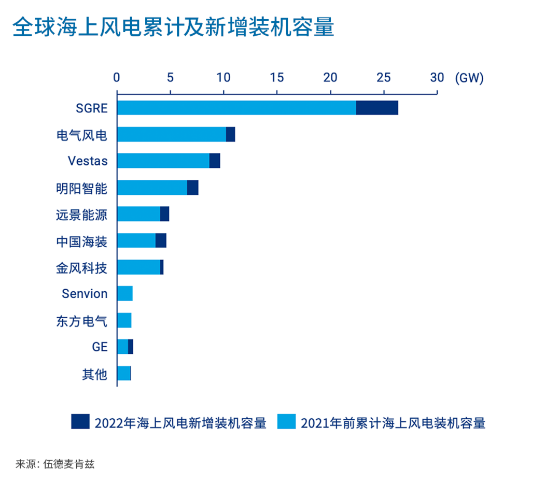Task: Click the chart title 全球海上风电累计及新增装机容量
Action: pyautogui.click(x=173, y=27)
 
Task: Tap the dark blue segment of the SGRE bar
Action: pyautogui.click(x=377, y=108)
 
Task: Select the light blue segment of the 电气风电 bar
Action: pyautogui.click(x=171, y=134)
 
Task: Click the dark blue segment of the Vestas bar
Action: pyautogui.click(x=215, y=161)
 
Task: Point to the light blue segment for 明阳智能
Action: pyautogui.click(x=152, y=188)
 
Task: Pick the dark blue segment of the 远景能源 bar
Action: pyautogui.click(x=164, y=214)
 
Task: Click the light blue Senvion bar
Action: pyautogui.click(x=125, y=293)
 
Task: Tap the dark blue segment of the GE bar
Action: pyautogui.click(x=131, y=347)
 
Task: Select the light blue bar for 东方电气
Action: pyautogui.click(x=124, y=320)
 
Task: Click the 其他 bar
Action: pyautogui.click(x=124, y=373)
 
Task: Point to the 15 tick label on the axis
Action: pyautogui.click(x=277, y=78)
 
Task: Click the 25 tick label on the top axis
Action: pyautogui.click(x=383, y=78)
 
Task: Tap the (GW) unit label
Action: pyautogui.click(x=469, y=78)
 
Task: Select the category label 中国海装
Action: pyautogui.click(x=81, y=241)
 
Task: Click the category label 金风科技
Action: pyautogui.click(x=81, y=267)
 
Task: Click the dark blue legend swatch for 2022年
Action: pyautogui.click(x=80, y=422)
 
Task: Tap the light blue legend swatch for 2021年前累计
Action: pyautogui.click(x=286, y=422)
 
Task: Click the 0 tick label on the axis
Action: pyautogui.click(x=117, y=78)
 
